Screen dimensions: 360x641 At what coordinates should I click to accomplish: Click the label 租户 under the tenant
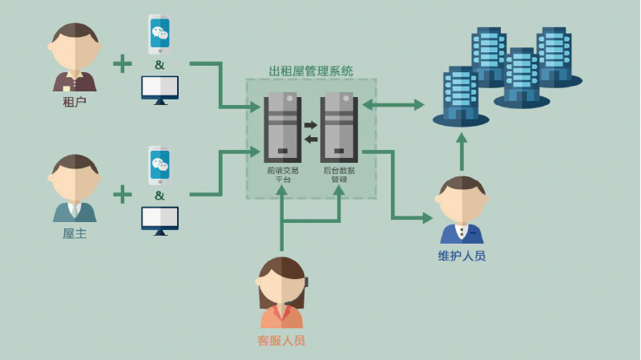pyautogui.click(x=75, y=102)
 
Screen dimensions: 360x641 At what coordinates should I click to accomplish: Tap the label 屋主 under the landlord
pyautogui.click(x=75, y=233)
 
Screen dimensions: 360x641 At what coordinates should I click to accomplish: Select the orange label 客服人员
pyautogui.click(x=281, y=340)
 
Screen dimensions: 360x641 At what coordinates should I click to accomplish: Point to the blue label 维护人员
pyautogui.click(x=462, y=256)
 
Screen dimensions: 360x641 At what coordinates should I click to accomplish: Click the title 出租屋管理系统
pyautogui.click(x=311, y=71)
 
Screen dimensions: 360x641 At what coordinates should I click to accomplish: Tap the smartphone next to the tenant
pyautogui.click(x=159, y=34)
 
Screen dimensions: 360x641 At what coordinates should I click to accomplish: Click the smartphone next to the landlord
pyautogui.click(x=159, y=166)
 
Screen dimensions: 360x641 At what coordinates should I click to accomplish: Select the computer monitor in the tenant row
pyautogui.click(x=159, y=87)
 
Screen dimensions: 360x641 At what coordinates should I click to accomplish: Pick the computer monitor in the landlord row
pyautogui.click(x=159, y=219)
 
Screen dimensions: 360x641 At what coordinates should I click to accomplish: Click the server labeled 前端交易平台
pyautogui.click(x=282, y=128)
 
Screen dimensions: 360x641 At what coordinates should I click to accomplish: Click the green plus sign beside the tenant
pyautogui.click(x=122, y=63)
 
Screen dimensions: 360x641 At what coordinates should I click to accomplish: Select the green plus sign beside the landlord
pyautogui.click(x=122, y=194)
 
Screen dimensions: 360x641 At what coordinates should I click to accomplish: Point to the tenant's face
pyautogui.click(x=75, y=47)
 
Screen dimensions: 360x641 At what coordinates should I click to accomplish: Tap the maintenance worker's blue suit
pyautogui.click(x=462, y=234)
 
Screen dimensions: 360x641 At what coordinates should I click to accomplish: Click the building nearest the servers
pyautogui.click(x=461, y=96)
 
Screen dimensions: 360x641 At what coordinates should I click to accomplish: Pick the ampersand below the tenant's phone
pyautogui.click(x=159, y=64)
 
